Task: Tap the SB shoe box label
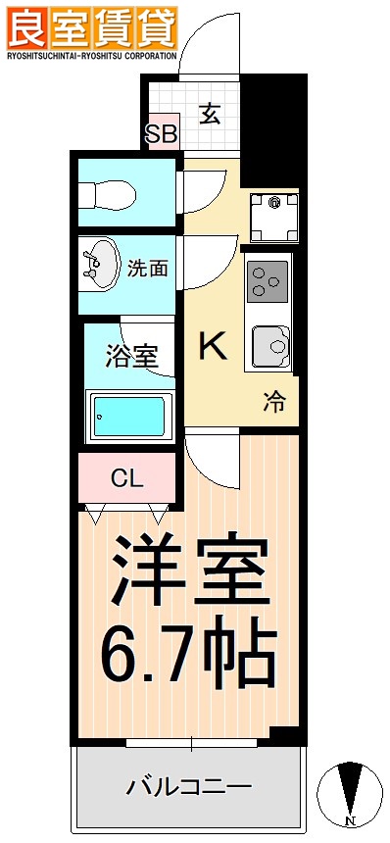coord(161,134)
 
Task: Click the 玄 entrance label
coord(209,114)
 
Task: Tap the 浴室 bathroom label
coord(132,356)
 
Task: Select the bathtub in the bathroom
coord(130,417)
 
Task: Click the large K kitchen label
coord(214,346)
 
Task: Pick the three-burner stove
coord(268,278)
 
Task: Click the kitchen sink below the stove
coord(270,345)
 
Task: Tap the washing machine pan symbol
coord(273,216)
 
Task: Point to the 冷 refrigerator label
coord(274,402)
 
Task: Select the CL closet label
coord(126,478)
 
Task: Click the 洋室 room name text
coord(189,573)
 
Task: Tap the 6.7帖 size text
coord(189,652)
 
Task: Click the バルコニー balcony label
coord(189,787)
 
